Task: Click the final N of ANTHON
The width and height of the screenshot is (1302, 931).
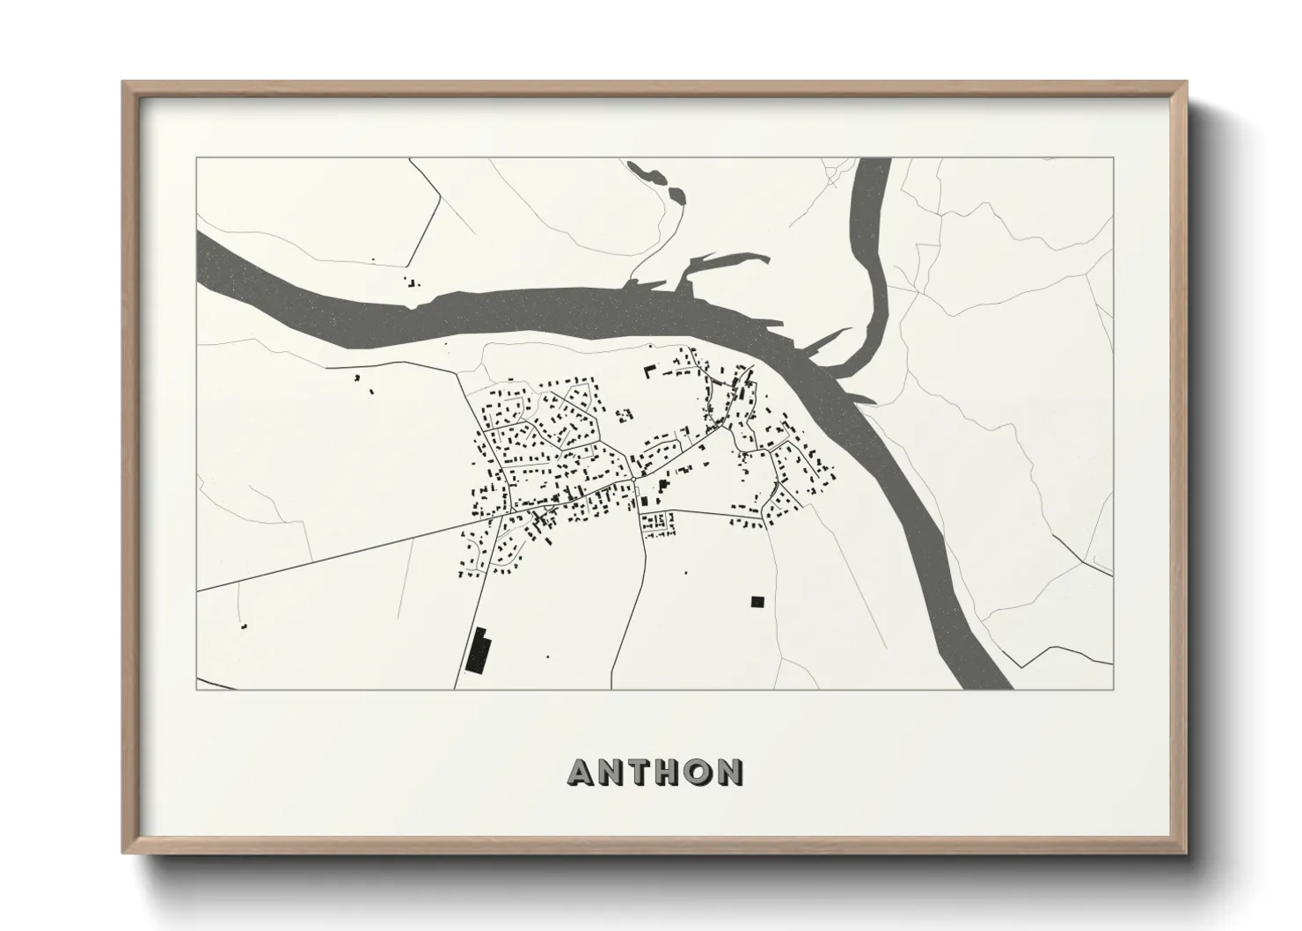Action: pyautogui.click(x=730, y=772)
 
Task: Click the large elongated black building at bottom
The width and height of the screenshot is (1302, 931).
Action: pyautogui.click(x=479, y=651)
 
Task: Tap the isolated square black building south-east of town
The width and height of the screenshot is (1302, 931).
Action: pyautogui.click(x=757, y=602)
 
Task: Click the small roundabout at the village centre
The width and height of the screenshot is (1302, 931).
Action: pyautogui.click(x=634, y=480)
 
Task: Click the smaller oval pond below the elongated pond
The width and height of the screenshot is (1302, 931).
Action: pyautogui.click(x=677, y=194)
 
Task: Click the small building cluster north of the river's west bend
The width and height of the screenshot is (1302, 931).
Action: pyautogui.click(x=412, y=283)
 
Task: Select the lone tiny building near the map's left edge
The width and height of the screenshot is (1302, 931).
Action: pyautogui.click(x=244, y=626)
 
